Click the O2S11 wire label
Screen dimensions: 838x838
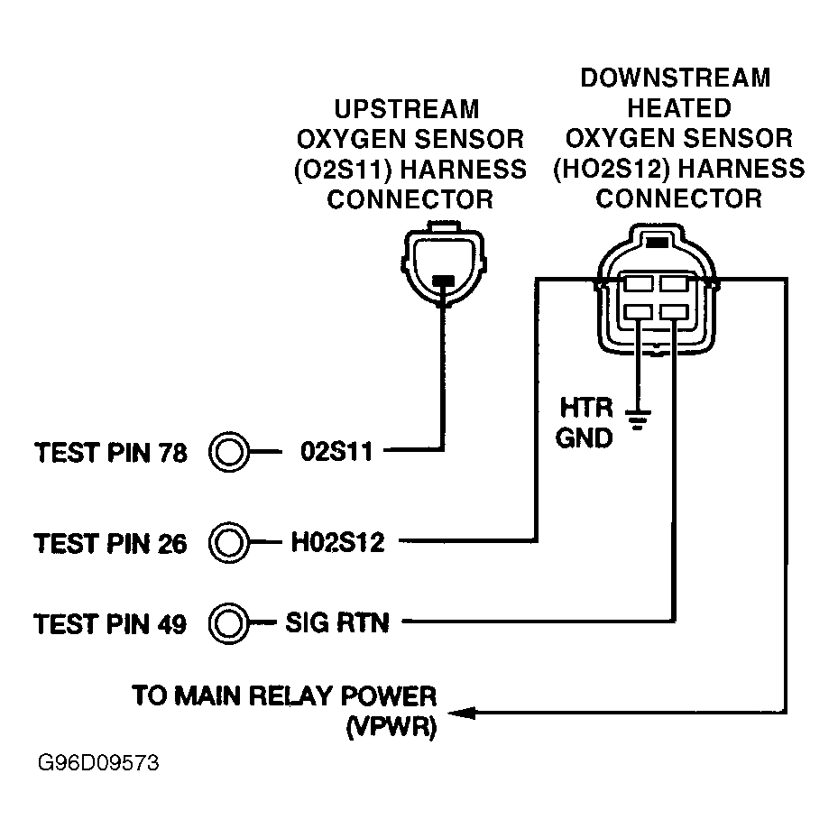(x=335, y=451)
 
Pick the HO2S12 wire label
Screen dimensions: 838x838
(x=337, y=542)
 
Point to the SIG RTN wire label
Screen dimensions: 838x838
(x=337, y=622)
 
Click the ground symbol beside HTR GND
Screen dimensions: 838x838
(x=639, y=419)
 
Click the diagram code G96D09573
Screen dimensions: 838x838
(x=98, y=765)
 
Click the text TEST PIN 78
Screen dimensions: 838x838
(x=110, y=452)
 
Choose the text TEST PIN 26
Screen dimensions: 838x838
(x=110, y=544)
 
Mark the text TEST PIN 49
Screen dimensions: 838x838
(x=110, y=623)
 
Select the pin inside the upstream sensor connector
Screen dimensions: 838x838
(x=442, y=281)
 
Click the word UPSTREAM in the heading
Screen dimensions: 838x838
(x=407, y=110)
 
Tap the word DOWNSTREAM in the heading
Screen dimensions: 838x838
(x=675, y=78)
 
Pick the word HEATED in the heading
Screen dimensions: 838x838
(x=679, y=108)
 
